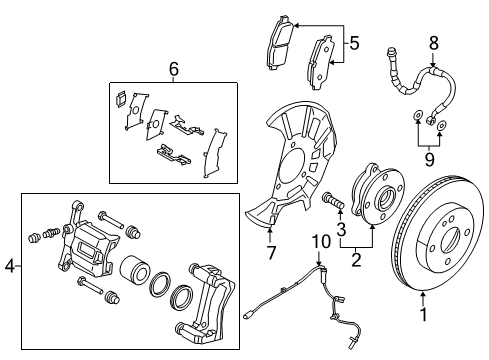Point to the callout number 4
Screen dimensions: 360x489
click(x=9, y=266)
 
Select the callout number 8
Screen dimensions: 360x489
click(x=433, y=44)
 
